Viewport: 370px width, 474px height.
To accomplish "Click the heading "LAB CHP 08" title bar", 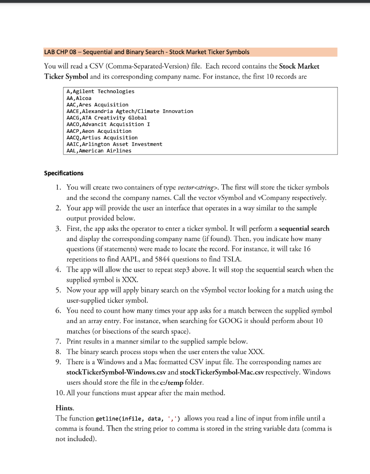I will [x=147, y=52].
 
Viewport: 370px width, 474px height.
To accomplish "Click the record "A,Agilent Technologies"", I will [x=100, y=92].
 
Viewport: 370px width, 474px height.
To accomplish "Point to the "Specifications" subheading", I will [x=64, y=174].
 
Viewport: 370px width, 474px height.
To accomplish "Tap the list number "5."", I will [x=58, y=290].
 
